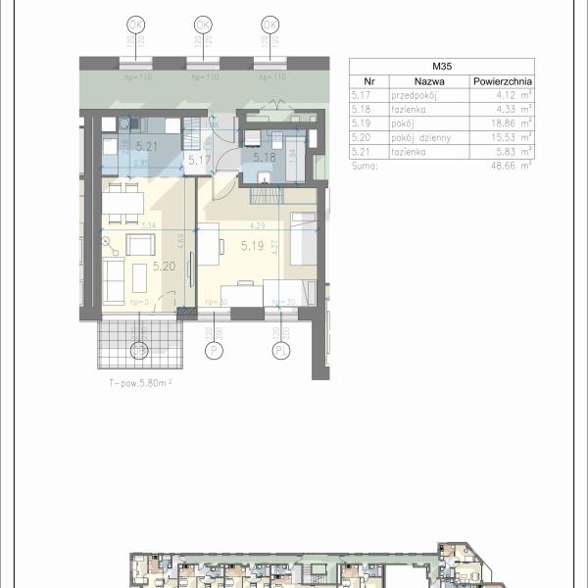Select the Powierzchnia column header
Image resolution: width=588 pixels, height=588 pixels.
(502, 82)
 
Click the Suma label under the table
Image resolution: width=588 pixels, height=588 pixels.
(362, 166)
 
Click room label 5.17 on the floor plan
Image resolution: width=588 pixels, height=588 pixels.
(200, 160)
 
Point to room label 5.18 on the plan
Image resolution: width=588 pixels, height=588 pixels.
(264, 157)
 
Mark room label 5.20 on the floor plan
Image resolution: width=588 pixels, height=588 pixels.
(138, 265)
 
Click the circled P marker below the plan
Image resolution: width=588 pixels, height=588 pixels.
(210, 348)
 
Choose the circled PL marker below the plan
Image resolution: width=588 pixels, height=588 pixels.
(281, 348)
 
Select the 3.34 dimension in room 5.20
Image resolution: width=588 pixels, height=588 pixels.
(149, 224)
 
